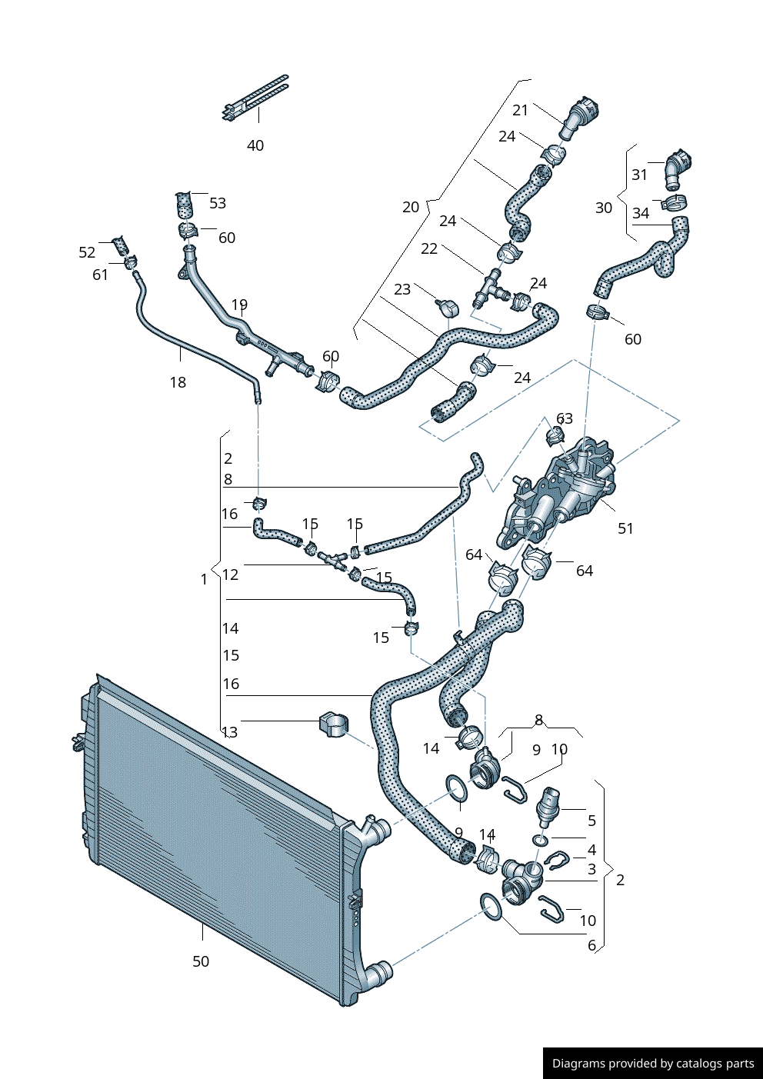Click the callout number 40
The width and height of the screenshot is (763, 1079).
coord(255,145)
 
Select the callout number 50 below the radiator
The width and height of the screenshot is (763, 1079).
coord(200,961)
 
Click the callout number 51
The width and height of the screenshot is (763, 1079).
coord(625,528)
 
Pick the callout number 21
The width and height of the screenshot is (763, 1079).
coord(521,110)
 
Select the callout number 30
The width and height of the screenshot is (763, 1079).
coord(604,208)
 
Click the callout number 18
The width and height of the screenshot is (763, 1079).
coord(178,382)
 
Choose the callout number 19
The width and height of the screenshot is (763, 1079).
coord(239,305)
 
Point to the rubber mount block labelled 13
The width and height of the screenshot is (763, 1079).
coord(333,724)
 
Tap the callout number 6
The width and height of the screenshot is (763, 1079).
coord(591,945)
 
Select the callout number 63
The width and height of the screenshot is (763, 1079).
coord(565,418)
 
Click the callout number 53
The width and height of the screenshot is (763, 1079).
coord(218,203)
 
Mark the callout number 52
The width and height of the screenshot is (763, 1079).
coord(87,252)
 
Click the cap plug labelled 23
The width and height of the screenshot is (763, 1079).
coord(448,308)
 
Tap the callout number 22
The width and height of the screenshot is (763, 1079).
coord(429,248)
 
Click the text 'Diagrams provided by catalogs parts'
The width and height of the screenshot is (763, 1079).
coord(653,1064)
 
